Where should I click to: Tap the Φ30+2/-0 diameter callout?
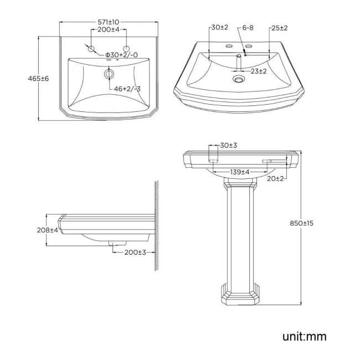click(122, 54)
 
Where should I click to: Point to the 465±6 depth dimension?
click(38, 79)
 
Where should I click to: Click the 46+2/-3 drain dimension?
click(127, 89)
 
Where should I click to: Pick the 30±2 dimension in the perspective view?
click(219, 28)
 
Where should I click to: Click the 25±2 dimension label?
click(279, 28)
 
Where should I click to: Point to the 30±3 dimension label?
click(228, 145)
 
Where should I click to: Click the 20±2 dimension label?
click(275, 178)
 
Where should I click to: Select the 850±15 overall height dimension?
click(301, 223)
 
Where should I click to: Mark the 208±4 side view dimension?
click(47, 230)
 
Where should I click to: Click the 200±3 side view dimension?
click(135, 252)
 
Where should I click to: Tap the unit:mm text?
click(304, 336)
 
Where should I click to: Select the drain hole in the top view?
click(109, 74)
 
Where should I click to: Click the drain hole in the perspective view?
click(239, 80)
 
